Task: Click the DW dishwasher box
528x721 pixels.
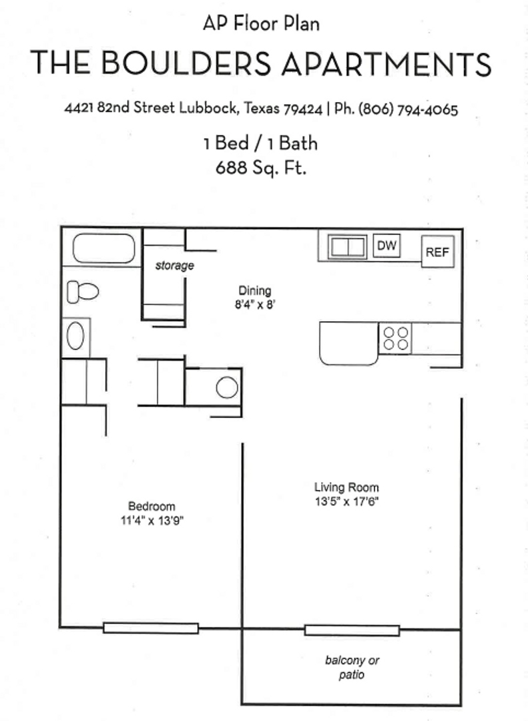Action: pyautogui.click(x=386, y=246)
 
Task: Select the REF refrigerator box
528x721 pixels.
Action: pyautogui.click(x=438, y=252)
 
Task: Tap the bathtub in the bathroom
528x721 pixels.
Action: pyautogui.click(x=104, y=248)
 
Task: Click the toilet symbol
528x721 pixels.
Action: pyautogui.click(x=83, y=292)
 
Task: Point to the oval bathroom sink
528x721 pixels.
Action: pyautogui.click(x=75, y=337)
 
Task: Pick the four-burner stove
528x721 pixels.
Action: pyautogui.click(x=395, y=338)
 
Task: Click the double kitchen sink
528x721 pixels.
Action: pyautogui.click(x=347, y=247)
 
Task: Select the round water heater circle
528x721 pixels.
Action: pyautogui.click(x=227, y=388)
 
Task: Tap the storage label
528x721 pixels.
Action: pyautogui.click(x=175, y=266)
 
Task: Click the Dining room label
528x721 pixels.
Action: pyautogui.click(x=255, y=290)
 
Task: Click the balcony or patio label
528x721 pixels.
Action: pyautogui.click(x=352, y=668)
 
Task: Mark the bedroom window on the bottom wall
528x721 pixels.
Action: pyautogui.click(x=151, y=628)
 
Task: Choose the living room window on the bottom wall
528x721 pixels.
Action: pyautogui.click(x=352, y=630)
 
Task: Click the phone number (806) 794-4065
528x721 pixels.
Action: pyautogui.click(x=408, y=110)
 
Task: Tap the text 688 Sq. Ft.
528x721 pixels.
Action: pyautogui.click(x=261, y=168)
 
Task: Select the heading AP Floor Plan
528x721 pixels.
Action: pyautogui.click(x=261, y=25)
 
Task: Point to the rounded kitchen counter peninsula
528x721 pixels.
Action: pyautogui.click(x=348, y=343)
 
